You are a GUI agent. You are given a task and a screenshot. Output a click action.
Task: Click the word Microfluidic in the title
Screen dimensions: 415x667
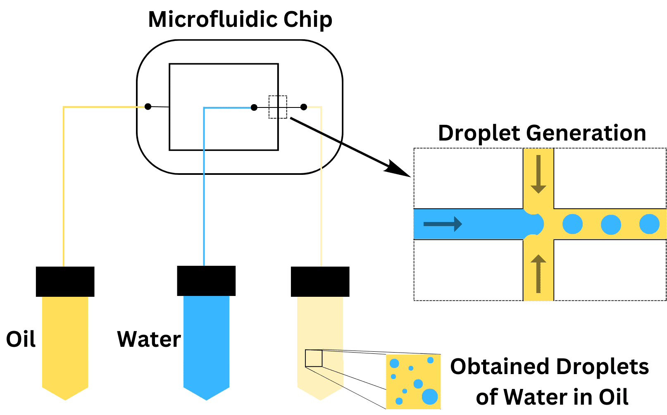pyautogui.click(x=212, y=19)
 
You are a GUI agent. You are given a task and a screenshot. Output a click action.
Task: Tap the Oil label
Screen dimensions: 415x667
pyautogui.click(x=21, y=339)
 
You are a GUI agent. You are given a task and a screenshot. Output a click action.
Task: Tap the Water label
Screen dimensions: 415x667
pyautogui.click(x=149, y=339)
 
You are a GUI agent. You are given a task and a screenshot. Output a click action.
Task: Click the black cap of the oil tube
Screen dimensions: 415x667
pyautogui.click(x=65, y=281)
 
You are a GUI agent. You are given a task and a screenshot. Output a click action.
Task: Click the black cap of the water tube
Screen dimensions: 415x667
pyautogui.click(x=206, y=281)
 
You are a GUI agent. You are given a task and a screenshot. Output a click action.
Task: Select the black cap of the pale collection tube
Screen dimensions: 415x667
pyautogui.click(x=320, y=281)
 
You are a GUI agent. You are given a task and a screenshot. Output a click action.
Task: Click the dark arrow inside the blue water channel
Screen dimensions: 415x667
pyautogui.click(x=443, y=224)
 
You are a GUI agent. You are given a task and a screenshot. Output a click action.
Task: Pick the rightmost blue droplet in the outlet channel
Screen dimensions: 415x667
pyautogui.click(x=649, y=224)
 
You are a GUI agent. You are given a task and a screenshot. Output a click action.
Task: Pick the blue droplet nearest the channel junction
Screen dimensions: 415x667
pyautogui.click(x=573, y=224)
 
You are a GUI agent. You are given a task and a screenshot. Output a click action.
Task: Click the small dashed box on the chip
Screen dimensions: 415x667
pyautogui.click(x=278, y=107)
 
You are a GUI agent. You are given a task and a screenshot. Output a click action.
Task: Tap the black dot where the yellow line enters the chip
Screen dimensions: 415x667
pyautogui.click(x=148, y=107)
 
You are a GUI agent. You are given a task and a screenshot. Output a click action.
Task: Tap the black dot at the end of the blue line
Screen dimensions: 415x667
pyautogui.click(x=254, y=107)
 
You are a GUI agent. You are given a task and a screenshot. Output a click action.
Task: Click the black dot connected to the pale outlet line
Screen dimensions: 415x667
pyautogui.click(x=304, y=107)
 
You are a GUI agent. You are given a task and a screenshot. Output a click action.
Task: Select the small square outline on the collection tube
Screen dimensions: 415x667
pyautogui.click(x=314, y=358)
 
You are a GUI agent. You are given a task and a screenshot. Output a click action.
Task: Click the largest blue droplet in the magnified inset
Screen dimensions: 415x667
pyautogui.click(x=430, y=396)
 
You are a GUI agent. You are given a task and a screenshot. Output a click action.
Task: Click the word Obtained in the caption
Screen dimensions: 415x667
pyautogui.click(x=500, y=367)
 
